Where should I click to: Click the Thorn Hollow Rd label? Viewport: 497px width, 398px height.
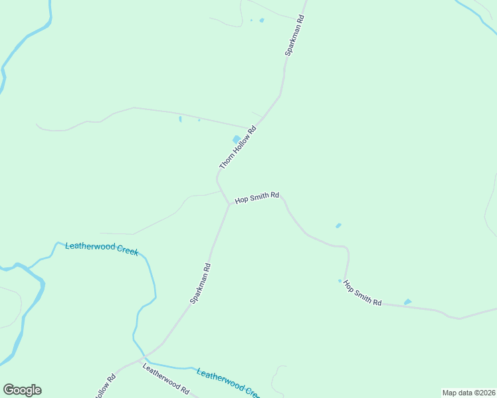click(238, 147)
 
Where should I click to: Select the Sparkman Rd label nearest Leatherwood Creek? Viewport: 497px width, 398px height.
click(201, 283)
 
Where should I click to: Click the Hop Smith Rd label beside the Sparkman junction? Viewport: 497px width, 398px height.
click(256, 197)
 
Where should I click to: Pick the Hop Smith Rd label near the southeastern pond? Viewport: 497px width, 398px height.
click(362, 293)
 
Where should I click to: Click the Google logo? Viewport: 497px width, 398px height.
click(22, 389)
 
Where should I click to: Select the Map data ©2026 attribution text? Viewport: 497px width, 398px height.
click(468, 393)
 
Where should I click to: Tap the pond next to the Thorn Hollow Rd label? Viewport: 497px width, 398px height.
click(236, 139)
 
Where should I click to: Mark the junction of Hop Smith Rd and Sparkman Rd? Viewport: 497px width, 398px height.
click(229, 204)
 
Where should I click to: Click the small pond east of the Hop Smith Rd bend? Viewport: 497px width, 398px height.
click(338, 226)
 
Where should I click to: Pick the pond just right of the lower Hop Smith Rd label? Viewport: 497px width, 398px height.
click(407, 302)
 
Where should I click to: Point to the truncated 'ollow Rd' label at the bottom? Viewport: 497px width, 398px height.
click(106, 387)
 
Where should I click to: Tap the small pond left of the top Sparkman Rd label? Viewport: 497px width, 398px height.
click(261, 21)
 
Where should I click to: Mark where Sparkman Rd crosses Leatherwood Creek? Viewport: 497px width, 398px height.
click(144, 357)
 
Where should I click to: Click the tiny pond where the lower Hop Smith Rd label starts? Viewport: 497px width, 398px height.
click(340, 281)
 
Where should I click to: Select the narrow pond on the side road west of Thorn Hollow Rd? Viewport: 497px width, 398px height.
click(180, 119)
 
